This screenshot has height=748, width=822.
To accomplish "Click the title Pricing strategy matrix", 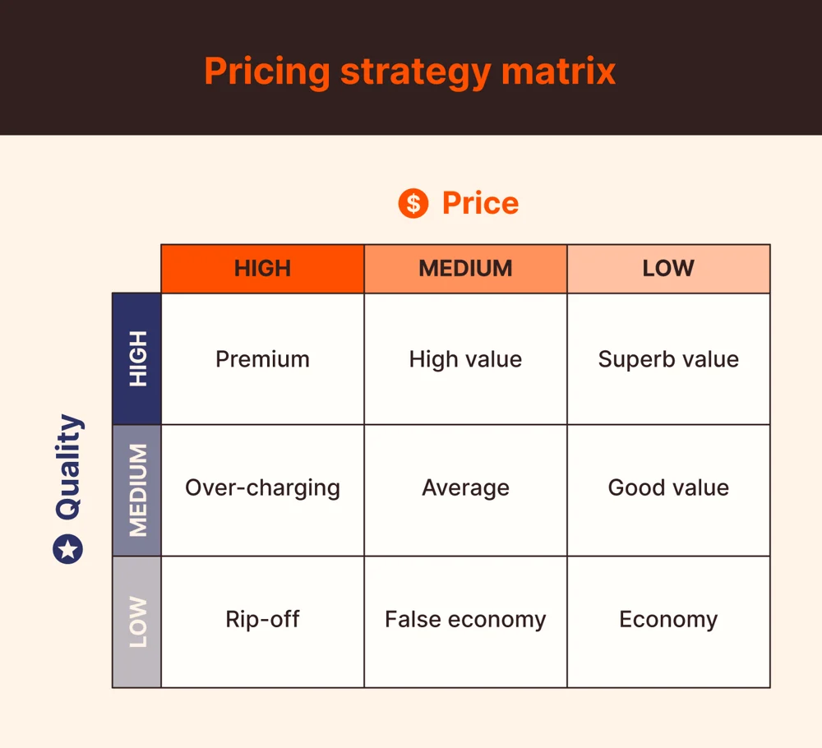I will [409, 72].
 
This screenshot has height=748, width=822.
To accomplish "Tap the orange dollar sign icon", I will [413, 203].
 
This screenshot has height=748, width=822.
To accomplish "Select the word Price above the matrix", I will [480, 203].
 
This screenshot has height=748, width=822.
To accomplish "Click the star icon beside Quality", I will [68, 548].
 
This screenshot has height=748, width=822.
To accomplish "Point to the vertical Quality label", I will [69, 467].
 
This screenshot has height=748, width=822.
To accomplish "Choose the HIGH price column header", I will [262, 269].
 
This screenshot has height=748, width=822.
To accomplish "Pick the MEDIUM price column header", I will [465, 269].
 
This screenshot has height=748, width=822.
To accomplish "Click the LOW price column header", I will [668, 269].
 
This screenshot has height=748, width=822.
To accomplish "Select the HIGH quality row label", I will [137, 358].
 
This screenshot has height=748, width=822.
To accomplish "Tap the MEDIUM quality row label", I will [137, 490].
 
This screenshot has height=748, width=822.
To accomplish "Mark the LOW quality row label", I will [137, 621].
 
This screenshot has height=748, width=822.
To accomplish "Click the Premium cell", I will [262, 359].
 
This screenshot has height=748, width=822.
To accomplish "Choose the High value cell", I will [465, 359].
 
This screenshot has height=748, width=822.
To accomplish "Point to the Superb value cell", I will [668, 359].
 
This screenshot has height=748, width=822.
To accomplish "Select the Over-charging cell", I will [262, 487].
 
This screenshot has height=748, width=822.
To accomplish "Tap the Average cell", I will [465, 487].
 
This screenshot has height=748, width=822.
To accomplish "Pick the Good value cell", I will [668, 487].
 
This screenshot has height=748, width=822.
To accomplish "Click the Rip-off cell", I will [262, 619].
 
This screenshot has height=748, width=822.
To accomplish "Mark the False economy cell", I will [465, 619].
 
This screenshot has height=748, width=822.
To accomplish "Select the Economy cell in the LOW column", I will [668, 619].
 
